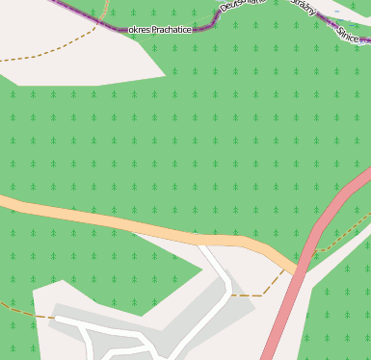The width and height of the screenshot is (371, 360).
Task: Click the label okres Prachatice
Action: [x=159, y=30]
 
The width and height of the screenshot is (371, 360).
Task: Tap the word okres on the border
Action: [x=138, y=30]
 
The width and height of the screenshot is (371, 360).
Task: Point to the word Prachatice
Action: [x=171, y=30]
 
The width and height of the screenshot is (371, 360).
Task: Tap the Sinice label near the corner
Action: [x=350, y=34]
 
